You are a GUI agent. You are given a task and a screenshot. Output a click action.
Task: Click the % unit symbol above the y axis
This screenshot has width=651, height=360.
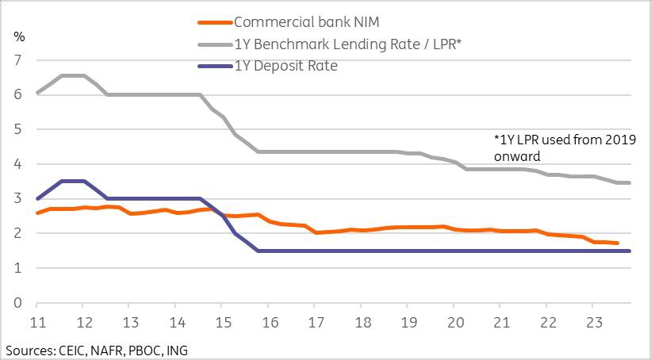point(19,37)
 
